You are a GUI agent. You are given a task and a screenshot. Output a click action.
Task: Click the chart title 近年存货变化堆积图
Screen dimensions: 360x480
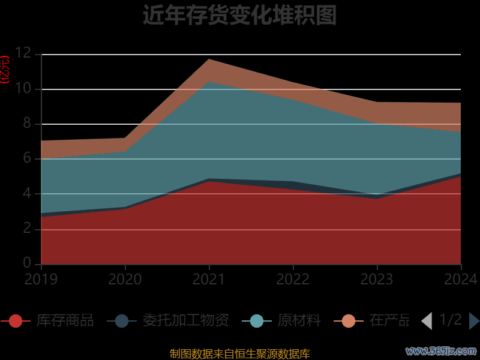239,16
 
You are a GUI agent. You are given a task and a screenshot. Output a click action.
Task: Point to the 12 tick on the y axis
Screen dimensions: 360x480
23,53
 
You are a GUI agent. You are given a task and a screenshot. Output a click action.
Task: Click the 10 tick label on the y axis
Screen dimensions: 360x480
23,89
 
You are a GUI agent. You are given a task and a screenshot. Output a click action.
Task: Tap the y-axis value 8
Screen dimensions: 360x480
26,124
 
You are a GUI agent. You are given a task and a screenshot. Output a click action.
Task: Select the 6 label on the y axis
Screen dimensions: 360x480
26,158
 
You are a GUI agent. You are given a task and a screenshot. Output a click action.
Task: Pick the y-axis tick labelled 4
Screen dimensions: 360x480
26,194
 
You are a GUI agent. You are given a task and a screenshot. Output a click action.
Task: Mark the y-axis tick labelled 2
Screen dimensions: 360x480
26,229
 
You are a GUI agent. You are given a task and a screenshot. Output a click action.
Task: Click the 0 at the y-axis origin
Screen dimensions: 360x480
26,263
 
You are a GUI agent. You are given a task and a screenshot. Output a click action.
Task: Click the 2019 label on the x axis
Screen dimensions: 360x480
41,279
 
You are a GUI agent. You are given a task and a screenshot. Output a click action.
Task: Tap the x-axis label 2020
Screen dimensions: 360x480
125,279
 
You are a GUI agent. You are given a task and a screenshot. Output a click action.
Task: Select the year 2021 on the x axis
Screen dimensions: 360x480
209,279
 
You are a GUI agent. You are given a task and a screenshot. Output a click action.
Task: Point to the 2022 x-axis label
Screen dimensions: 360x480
293,279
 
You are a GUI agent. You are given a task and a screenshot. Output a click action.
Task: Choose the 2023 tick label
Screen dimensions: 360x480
377,279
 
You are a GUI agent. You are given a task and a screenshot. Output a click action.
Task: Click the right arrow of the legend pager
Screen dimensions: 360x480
474,321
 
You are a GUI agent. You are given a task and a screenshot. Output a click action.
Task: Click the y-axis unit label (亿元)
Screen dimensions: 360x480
5,70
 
